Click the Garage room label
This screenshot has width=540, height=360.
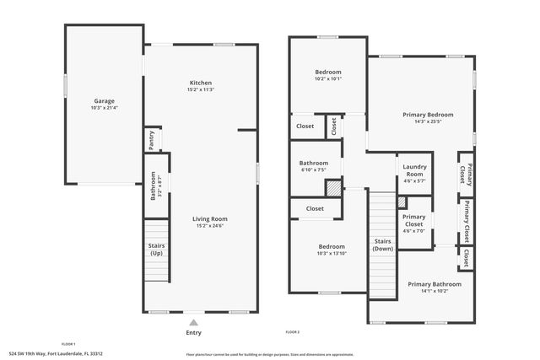click(104, 100)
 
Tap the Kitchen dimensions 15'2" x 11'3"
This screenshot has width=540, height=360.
click(201, 90)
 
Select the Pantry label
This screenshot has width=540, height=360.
click(152, 140)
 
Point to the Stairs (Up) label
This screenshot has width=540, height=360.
click(156, 250)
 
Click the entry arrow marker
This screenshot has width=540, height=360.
click(194, 321)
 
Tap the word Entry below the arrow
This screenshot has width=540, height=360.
click(194, 332)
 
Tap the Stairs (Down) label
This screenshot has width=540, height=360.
click(383, 245)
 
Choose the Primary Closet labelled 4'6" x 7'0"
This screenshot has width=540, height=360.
click(414, 221)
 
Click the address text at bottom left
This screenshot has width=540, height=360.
click(55, 354)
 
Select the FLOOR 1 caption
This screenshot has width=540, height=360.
click(68, 344)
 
